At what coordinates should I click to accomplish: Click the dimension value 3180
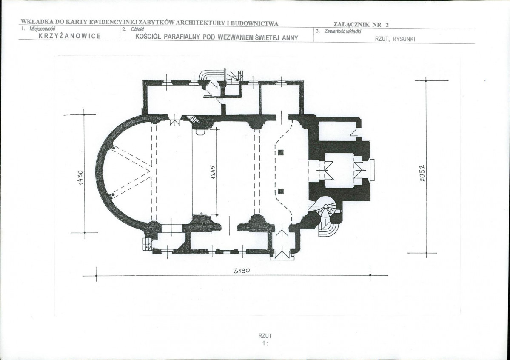pos(242,271)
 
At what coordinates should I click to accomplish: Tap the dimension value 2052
pos(422,173)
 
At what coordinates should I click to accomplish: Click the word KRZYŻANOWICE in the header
pos(70,36)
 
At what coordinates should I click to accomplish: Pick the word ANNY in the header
pos(290,38)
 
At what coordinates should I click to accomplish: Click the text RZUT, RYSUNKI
pos(395,39)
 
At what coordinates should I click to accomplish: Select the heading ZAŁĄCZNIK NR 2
pos(361,24)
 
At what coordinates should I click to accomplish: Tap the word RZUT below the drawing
pos(265,336)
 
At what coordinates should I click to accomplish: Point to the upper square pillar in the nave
pos(281,152)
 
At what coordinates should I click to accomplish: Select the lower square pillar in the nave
pos(281,191)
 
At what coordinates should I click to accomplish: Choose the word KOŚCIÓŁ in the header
pos(148,37)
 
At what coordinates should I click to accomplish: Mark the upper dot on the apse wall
pos(113,148)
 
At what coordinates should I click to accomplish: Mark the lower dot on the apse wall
pos(113,194)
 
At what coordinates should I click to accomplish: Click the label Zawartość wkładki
pos(342,31)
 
